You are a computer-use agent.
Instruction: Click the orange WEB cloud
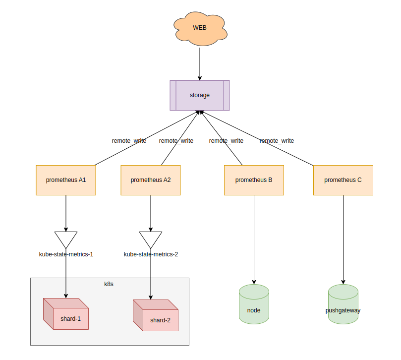pyautogui.click(x=200, y=28)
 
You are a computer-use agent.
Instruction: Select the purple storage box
pyautogui.click(x=200, y=95)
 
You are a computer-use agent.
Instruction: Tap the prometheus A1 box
pyautogui.click(x=66, y=180)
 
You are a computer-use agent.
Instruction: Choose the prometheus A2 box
pyautogui.click(x=151, y=180)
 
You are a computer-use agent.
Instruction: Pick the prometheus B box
pyautogui.click(x=254, y=180)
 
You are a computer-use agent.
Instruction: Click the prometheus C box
pyautogui.click(x=343, y=180)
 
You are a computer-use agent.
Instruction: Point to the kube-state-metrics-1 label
pyautogui.click(x=66, y=254)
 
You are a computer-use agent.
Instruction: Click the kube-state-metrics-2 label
pyautogui.click(x=151, y=254)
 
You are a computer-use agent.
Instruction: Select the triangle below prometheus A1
pyautogui.click(x=66, y=239)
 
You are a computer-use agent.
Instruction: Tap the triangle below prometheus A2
pyautogui.click(x=151, y=239)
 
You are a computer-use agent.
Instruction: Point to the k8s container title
pyautogui.click(x=109, y=284)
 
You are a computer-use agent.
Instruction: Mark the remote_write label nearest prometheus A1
pyautogui.click(x=129, y=141)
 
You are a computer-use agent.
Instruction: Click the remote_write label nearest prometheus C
pyautogui.click(x=277, y=141)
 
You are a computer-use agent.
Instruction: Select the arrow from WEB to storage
pyautogui.click(x=200, y=62)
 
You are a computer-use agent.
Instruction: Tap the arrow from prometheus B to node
pyautogui.click(x=254, y=238)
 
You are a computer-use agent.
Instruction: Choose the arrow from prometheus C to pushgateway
pyautogui.click(x=343, y=238)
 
